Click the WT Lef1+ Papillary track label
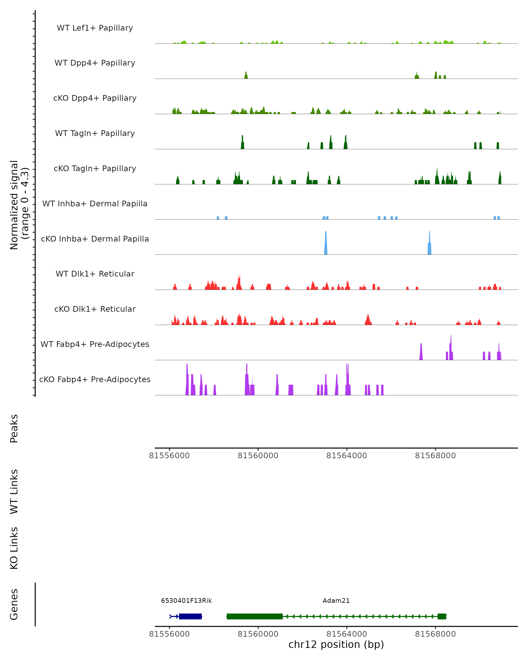(95, 28)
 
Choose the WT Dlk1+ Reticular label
(95, 274)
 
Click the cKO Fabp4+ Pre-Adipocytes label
(95, 379)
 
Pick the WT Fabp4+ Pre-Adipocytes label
(95, 344)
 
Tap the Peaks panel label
(14, 428)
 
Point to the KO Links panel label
(14, 548)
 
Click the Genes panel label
(14, 604)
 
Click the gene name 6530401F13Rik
(186, 601)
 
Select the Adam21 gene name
(336, 601)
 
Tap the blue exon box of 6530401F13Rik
(190, 616)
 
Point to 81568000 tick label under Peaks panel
(435, 456)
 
